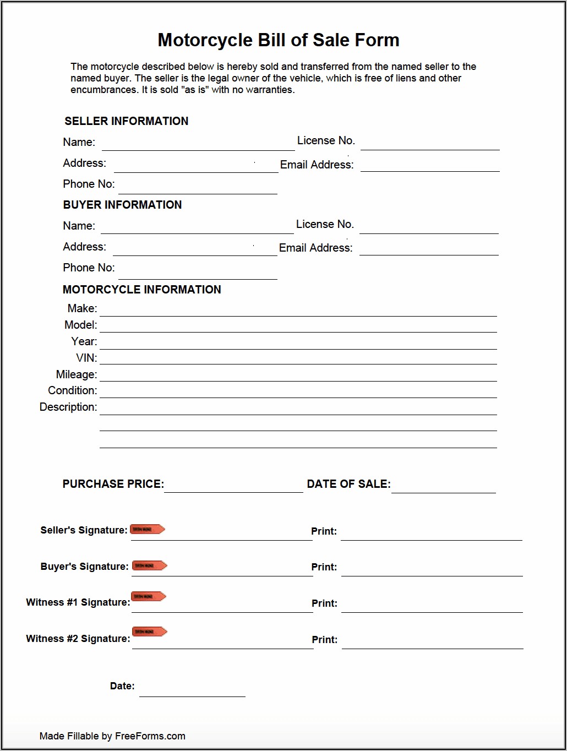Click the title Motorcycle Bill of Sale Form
tap(279, 40)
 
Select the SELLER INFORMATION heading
tap(126, 121)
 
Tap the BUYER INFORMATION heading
tap(122, 205)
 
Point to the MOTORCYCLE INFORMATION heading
tap(141, 290)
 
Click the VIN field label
tap(86, 358)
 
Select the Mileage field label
tap(76, 374)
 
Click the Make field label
tap(82, 308)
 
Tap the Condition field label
tap(72, 390)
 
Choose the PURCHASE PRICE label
tap(113, 484)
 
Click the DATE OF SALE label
tap(348, 484)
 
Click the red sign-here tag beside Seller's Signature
tap(147, 529)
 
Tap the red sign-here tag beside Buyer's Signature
tap(149, 565)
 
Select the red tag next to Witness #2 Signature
tap(149, 632)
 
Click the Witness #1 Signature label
tap(78, 602)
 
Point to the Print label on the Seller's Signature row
tap(324, 531)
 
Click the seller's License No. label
tap(326, 141)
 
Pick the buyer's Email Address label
tap(315, 248)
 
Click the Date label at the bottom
tap(122, 686)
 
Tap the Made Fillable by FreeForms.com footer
tap(112, 736)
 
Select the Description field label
tap(68, 407)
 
